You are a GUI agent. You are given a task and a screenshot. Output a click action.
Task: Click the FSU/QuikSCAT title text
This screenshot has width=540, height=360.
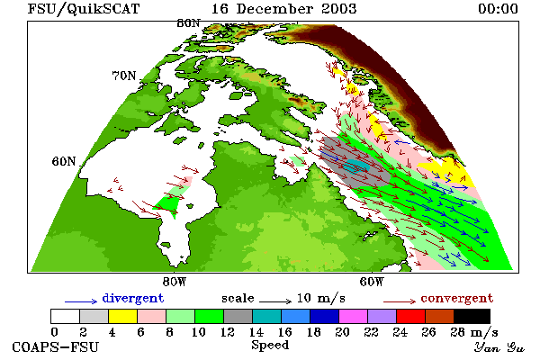point(84,9)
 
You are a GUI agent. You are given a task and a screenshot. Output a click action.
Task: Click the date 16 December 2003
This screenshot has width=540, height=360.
point(283,9)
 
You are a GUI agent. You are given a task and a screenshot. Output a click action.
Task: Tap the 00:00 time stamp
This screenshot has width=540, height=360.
point(498,9)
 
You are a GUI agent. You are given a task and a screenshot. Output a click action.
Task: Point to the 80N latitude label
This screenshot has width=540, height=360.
point(188,23)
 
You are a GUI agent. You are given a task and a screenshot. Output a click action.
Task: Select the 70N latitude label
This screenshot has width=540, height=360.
point(124,76)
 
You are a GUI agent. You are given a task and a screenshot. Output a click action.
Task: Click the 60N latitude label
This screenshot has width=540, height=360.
point(64,161)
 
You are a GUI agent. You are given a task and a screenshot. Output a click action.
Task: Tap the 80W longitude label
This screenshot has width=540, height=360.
point(175,282)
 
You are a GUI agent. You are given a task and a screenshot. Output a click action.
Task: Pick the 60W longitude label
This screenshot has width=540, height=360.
point(372,282)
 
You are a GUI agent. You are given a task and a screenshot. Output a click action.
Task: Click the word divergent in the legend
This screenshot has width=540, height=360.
point(133,298)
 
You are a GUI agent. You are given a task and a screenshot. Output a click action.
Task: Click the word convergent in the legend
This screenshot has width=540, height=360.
point(456,298)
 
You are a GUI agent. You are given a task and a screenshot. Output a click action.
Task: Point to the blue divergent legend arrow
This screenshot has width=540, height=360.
point(81,302)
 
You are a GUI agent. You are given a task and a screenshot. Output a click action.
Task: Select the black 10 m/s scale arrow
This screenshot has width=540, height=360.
point(275,302)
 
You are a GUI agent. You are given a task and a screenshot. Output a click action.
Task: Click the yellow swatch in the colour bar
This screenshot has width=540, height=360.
point(122,316)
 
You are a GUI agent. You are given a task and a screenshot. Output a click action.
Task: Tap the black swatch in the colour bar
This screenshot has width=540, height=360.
point(472,316)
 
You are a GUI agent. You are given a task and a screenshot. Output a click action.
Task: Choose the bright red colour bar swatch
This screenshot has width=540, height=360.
point(410,316)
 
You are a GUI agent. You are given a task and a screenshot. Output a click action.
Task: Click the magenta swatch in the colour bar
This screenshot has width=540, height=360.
point(353,316)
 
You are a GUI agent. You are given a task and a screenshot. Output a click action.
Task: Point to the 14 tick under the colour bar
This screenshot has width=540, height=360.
point(256,332)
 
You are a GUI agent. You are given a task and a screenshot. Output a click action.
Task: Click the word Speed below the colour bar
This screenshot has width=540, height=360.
point(270,346)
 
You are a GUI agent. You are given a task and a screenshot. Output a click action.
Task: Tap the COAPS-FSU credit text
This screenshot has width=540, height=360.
point(56,346)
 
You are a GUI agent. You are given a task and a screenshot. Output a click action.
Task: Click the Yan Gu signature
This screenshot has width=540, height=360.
point(499,347)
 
